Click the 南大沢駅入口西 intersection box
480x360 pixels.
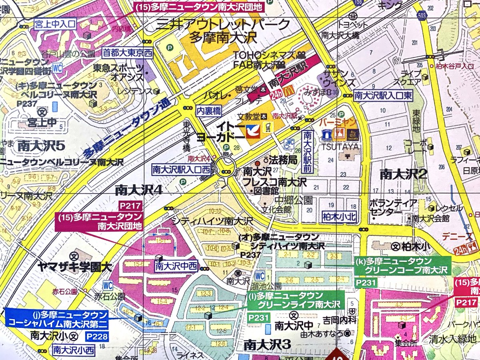[x=181, y=170]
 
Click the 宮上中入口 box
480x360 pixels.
[x=55, y=23]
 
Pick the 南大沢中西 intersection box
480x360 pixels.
[x=176, y=265]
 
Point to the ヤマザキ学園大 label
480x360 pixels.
[x=75, y=268]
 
